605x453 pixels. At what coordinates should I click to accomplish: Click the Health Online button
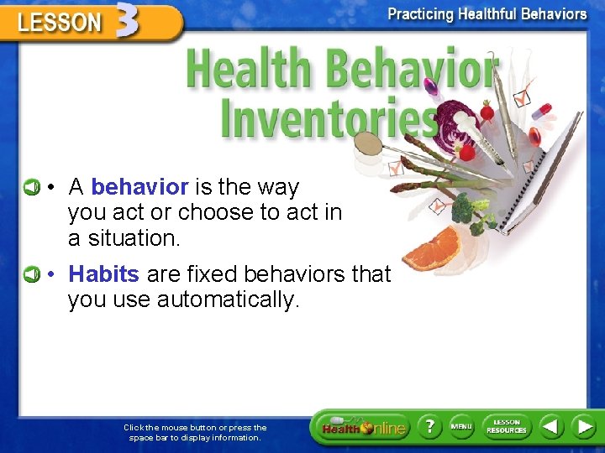coord(362,428)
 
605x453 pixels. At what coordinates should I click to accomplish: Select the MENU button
coord(461,426)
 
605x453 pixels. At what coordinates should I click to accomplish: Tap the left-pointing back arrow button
coord(550,426)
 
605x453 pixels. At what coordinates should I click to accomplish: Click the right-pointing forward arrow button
coord(583,426)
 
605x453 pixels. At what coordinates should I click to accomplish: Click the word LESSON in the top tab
coord(59,23)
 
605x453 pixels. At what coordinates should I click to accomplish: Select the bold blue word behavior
coord(139,186)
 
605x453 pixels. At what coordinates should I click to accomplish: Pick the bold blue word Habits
coord(103,273)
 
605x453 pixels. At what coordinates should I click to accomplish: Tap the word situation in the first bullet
coord(124,238)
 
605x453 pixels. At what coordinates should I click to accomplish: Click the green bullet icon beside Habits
coord(30,273)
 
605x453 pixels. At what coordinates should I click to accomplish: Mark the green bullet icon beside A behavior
coord(30,186)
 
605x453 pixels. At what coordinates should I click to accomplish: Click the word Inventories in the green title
coord(328,119)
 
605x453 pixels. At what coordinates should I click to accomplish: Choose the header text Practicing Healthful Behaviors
coord(487,14)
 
